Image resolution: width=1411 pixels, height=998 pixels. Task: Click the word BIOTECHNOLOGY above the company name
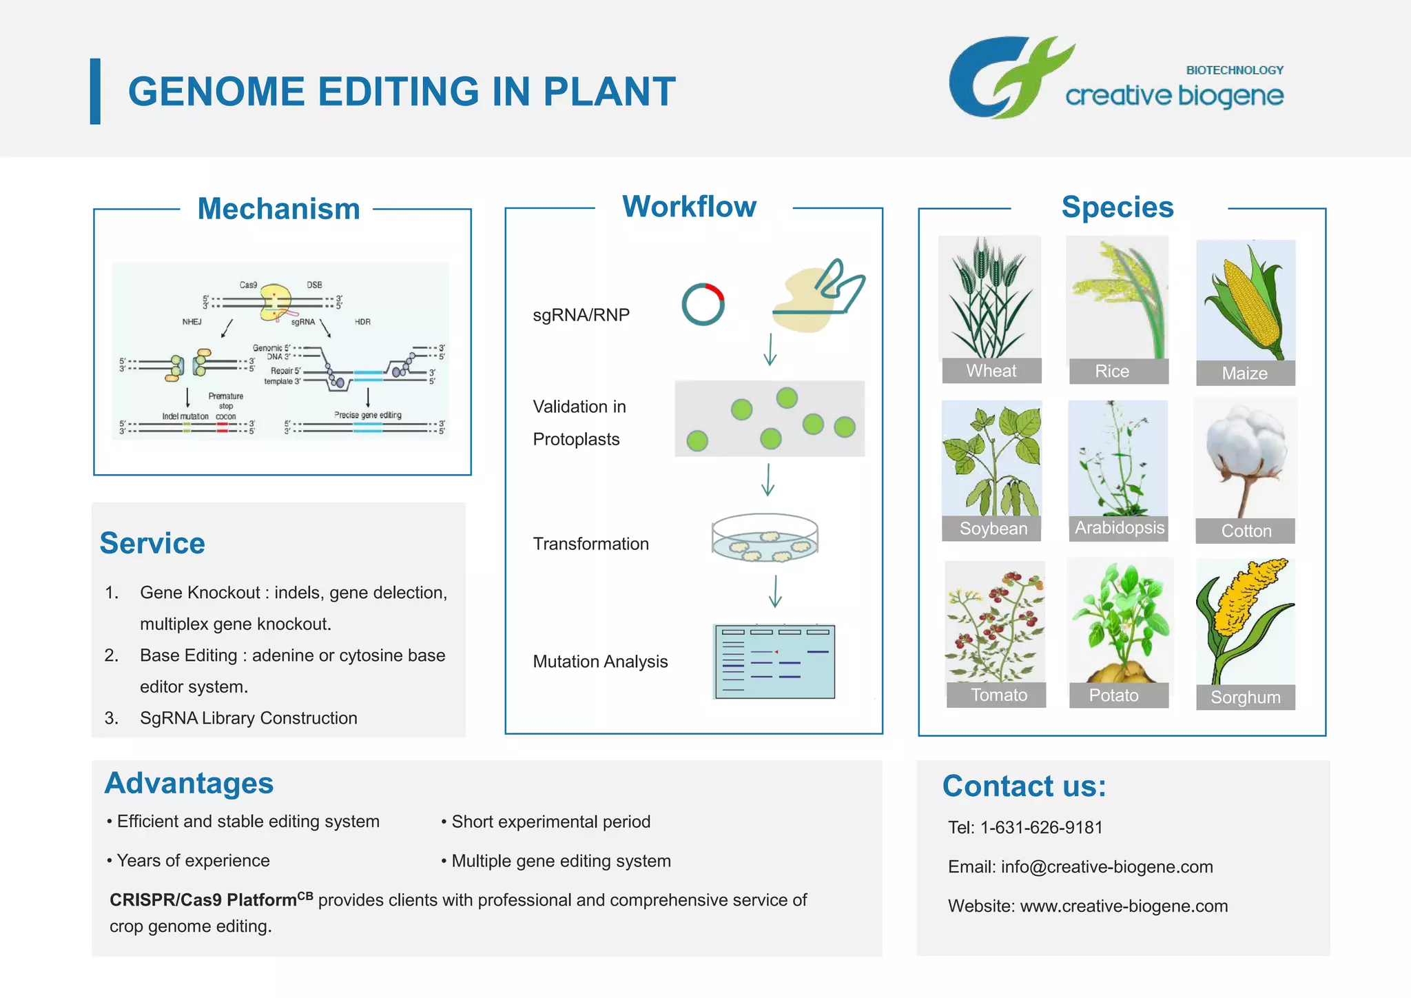click(1234, 70)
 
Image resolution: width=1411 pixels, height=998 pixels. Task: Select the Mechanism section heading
click(278, 209)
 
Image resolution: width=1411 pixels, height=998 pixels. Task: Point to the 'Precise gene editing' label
click(367, 415)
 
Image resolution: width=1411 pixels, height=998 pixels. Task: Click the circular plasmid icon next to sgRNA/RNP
click(703, 304)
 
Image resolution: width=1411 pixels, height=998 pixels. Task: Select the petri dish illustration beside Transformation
click(765, 538)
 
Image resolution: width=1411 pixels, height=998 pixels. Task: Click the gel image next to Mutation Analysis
click(774, 662)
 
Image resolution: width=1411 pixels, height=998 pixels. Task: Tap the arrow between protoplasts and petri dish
click(768, 480)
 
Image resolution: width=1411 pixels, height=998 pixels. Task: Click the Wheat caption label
click(991, 371)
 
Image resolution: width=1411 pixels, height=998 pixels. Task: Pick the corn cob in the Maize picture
click(1249, 303)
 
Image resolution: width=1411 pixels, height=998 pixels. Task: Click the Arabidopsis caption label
click(1119, 528)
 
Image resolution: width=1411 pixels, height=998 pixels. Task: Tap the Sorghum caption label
click(1245, 697)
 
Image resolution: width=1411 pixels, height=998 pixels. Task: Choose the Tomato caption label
click(998, 695)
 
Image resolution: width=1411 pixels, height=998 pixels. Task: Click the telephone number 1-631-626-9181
click(1041, 827)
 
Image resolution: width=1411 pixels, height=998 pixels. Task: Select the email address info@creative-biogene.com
click(1106, 866)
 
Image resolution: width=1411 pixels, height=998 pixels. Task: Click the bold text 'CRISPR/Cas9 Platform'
click(203, 900)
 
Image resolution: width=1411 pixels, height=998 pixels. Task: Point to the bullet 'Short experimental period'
click(550, 822)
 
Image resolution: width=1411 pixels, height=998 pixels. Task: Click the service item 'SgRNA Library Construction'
click(248, 718)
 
